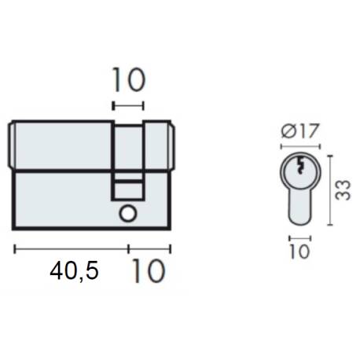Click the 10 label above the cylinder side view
129,81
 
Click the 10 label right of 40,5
148,271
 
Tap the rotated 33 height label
342,189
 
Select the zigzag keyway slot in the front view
300,167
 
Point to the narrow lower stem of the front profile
300,208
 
